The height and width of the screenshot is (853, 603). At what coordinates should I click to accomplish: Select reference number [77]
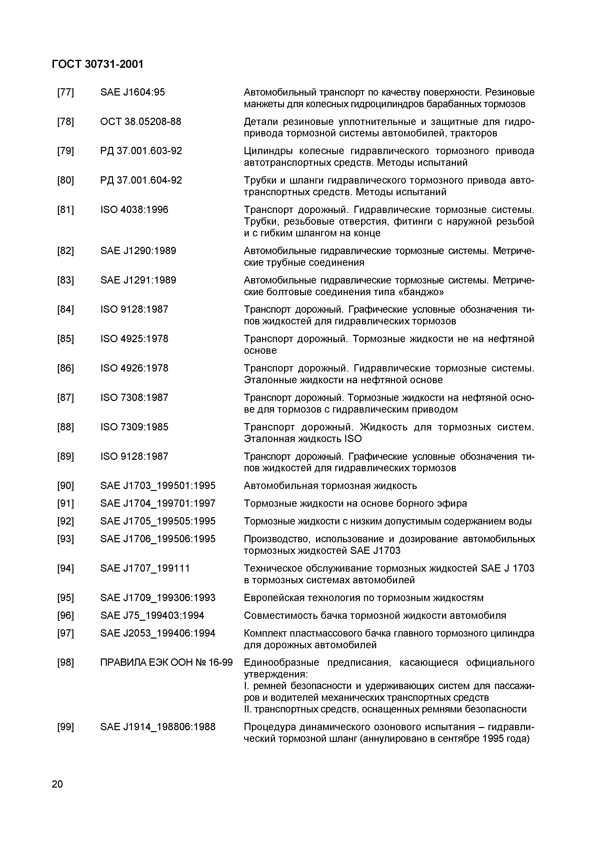[65, 92]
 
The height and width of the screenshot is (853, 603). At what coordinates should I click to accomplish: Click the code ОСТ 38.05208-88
[141, 122]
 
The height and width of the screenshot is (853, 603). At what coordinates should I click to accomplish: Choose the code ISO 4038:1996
[134, 210]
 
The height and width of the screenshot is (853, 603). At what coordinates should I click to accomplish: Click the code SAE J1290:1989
[138, 251]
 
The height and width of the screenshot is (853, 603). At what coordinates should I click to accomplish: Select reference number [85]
[65, 339]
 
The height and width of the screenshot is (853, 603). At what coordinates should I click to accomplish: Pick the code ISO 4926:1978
[134, 368]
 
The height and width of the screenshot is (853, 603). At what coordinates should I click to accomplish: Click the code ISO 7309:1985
[134, 427]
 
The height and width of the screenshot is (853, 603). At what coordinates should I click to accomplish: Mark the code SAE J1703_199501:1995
[158, 486]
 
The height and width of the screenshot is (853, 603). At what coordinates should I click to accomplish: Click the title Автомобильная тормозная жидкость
[330, 486]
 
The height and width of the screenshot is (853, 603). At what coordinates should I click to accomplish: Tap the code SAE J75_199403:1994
[152, 616]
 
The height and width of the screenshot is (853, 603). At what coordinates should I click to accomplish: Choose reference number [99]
[65, 727]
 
